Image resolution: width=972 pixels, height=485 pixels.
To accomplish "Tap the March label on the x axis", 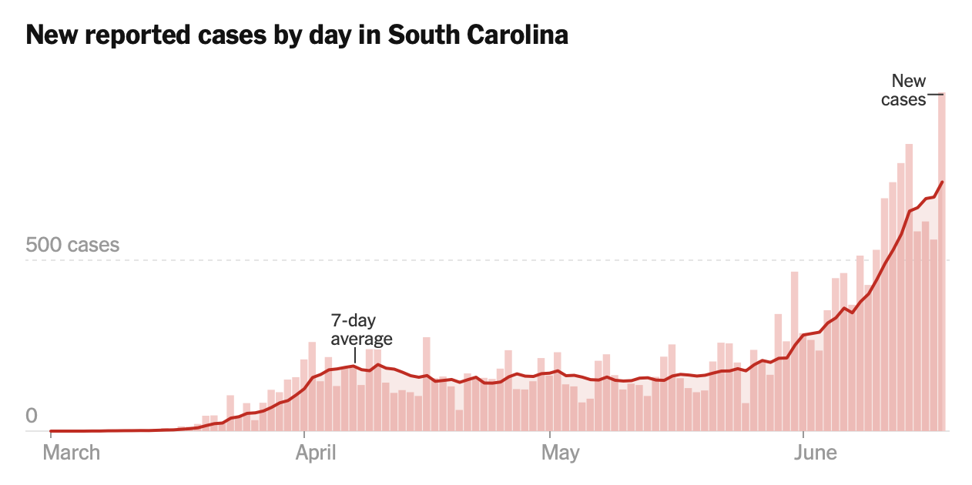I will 71,452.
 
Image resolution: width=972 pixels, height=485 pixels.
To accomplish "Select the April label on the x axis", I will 316,452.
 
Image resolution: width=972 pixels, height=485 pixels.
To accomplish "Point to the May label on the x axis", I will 560,452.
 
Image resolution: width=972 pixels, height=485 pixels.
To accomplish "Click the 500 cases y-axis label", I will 72,245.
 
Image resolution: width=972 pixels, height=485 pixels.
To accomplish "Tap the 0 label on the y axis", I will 32,416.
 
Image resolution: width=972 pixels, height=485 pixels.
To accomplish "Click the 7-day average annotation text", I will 361,329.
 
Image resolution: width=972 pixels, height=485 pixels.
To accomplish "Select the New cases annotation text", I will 906,89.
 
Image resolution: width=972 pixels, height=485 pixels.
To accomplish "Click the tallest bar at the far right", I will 941,262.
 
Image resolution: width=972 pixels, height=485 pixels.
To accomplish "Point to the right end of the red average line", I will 943,182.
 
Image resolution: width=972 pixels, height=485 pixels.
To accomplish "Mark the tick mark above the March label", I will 50,436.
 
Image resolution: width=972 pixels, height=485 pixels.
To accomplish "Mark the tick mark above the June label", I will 803,436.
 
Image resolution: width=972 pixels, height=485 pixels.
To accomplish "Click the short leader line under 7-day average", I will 354,356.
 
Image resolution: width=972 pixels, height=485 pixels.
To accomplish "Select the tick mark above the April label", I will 305,436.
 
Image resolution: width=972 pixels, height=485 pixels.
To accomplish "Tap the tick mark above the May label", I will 550,436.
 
